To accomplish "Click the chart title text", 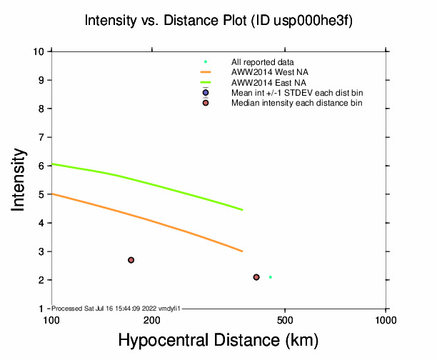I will [218, 21].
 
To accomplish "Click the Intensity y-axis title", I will [19, 179].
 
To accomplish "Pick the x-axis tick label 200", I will [151, 319].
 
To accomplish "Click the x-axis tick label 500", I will [285, 319].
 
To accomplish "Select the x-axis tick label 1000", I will [386, 319].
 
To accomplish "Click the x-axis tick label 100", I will [51, 319].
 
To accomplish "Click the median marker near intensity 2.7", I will [131, 260].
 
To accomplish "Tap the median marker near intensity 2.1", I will [256, 277].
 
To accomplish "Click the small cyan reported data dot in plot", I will [271, 277].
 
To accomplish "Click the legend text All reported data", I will [262, 62].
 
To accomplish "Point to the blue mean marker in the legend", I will [206, 93].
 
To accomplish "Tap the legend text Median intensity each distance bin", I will [296, 103].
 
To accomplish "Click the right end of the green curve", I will [243, 210].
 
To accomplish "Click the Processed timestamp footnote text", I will [116, 308].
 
